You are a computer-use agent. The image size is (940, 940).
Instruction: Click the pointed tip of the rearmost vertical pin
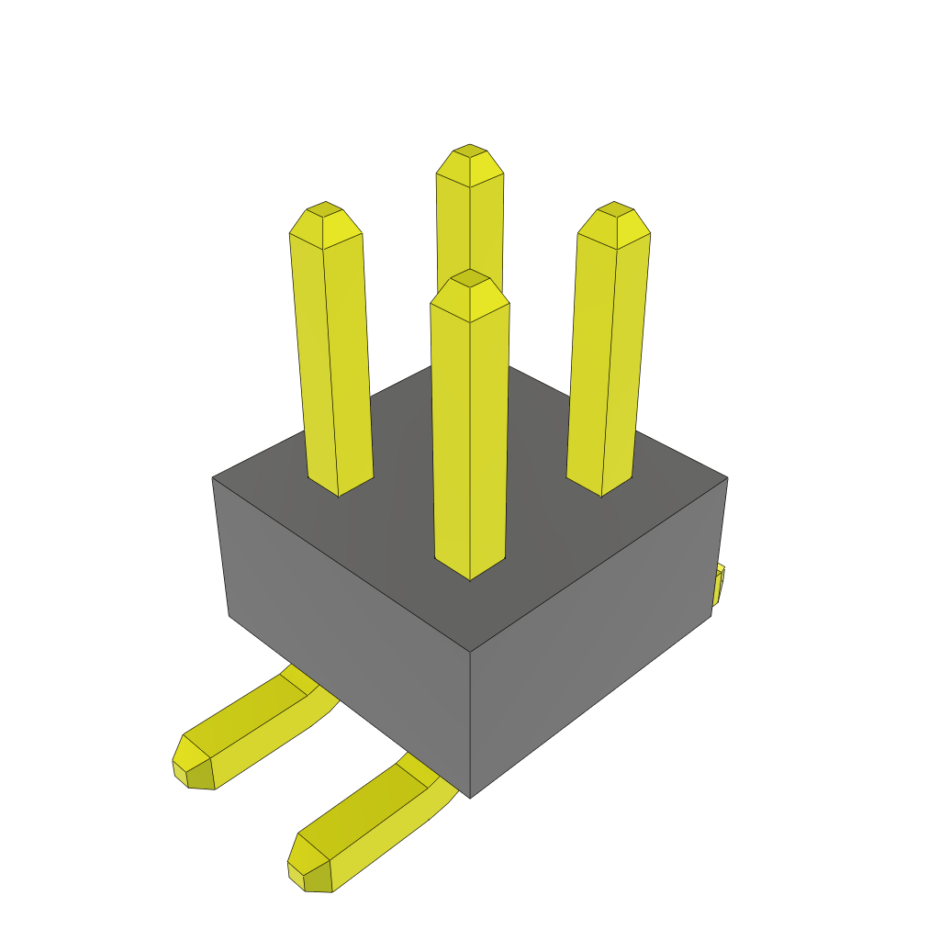pyautogui.click(x=470, y=158)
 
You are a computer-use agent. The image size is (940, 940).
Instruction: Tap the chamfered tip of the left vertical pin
pyautogui.click(x=324, y=217)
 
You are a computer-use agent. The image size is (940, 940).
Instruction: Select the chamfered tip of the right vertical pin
pyautogui.click(x=615, y=217)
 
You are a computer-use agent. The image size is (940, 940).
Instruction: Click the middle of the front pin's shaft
pyautogui.click(x=470, y=431)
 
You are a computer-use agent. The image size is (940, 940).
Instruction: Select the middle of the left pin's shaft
pyautogui.click(x=332, y=358)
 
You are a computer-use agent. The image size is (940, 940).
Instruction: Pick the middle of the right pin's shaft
pyautogui.click(x=608, y=358)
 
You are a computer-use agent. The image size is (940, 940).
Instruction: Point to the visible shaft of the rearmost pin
pyautogui.click(x=470, y=229)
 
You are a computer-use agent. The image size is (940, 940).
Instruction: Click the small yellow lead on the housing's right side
pyautogui.click(x=719, y=585)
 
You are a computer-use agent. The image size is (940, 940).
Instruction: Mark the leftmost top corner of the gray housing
pyautogui.click(x=213, y=477)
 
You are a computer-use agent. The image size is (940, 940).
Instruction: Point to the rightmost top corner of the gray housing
pyautogui.click(x=727, y=477)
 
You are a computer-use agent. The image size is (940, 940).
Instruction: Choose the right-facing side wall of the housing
pyautogui.click(x=597, y=643)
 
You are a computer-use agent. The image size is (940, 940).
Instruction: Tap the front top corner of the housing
pyautogui.click(x=470, y=653)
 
